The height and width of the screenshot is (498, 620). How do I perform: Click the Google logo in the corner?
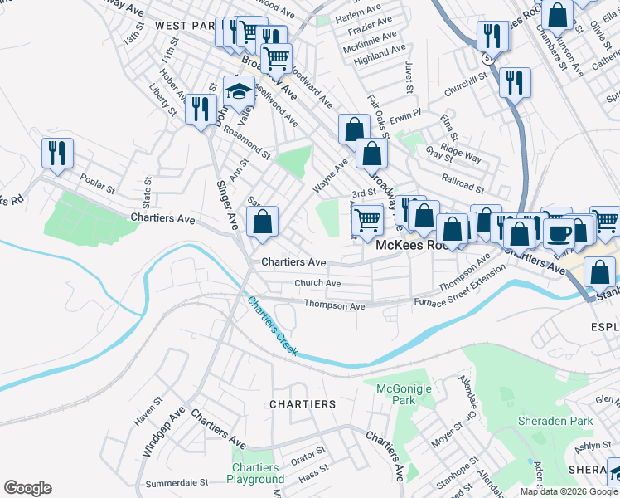(x=27, y=488)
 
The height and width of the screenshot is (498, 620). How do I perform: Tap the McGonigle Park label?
(x=395, y=394)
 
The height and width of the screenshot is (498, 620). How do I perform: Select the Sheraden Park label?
(x=555, y=421)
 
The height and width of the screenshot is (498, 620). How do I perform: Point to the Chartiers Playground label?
(x=257, y=473)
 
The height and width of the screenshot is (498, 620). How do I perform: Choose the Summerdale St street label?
(x=177, y=482)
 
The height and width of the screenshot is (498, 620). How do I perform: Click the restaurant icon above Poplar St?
(x=57, y=152)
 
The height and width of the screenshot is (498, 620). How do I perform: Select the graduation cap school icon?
(x=239, y=90)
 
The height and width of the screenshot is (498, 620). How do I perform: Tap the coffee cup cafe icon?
(x=559, y=233)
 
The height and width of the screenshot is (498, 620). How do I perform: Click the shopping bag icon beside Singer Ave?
(x=262, y=222)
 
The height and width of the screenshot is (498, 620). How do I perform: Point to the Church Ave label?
(x=317, y=283)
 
